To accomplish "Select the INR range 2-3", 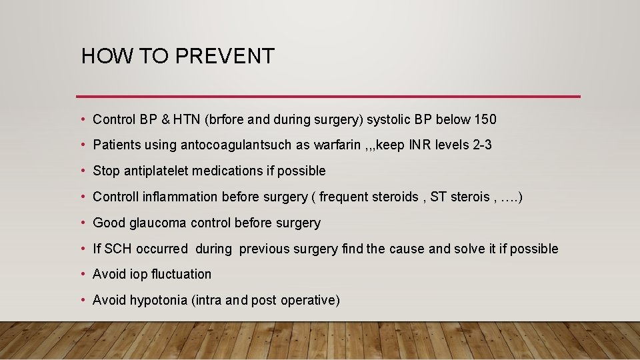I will click(x=481, y=145).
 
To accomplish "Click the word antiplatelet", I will click(x=157, y=171).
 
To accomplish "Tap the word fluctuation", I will click(x=181, y=274).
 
